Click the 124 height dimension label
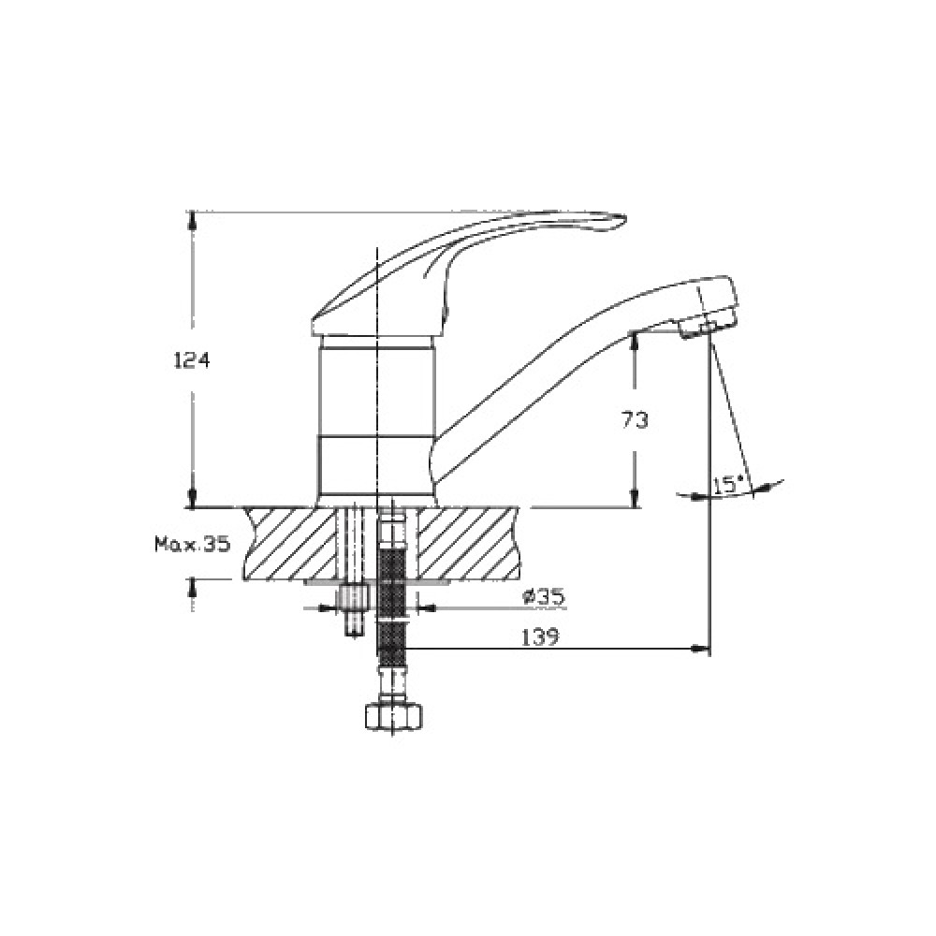(x=192, y=360)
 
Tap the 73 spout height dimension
(x=635, y=421)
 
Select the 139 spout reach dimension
(x=540, y=637)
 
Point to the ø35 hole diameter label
(x=543, y=597)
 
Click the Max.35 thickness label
(x=192, y=544)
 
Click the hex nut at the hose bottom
(x=393, y=716)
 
